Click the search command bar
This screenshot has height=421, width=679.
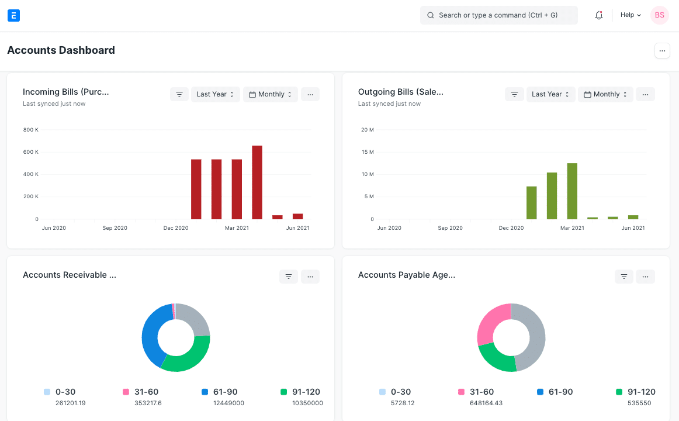coord(498,15)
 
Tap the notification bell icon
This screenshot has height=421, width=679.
coord(598,15)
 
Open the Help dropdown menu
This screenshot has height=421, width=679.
coord(630,15)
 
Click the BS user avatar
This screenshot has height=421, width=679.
coord(659,15)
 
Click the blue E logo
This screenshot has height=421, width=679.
coord(14,15)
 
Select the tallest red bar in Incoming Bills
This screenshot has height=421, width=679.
coord(257,182)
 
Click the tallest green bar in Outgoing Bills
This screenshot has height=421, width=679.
coord(572,191)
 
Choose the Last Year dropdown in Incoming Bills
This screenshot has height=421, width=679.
coord(215,94)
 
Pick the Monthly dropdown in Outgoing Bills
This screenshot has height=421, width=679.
coord(605,94)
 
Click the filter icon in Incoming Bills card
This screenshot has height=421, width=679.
coord(179,94)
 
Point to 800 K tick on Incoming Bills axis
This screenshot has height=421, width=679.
coord(30,130)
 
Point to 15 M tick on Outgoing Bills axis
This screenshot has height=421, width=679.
coord(367,152)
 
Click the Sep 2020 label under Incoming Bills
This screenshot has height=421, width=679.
coord(115,228)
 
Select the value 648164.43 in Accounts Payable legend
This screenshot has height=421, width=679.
coord(486,403)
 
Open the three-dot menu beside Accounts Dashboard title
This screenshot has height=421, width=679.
coord(661,51)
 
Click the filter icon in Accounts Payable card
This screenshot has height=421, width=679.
coord(623,277)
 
